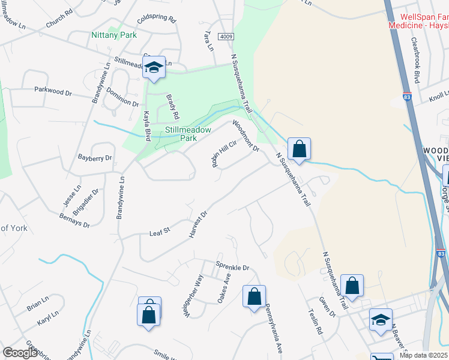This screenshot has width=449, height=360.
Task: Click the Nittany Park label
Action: coord(114,35)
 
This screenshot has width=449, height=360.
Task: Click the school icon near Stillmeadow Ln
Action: coord(154,68)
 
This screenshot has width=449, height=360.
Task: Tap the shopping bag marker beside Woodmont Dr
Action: coord(298,148)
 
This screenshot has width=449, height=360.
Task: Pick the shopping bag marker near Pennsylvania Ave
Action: coord(254,296)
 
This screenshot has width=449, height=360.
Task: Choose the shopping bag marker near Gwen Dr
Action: coord(352,285)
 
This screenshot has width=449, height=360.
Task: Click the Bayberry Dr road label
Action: coord(95,158)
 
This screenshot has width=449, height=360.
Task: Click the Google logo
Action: coord(20,353)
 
